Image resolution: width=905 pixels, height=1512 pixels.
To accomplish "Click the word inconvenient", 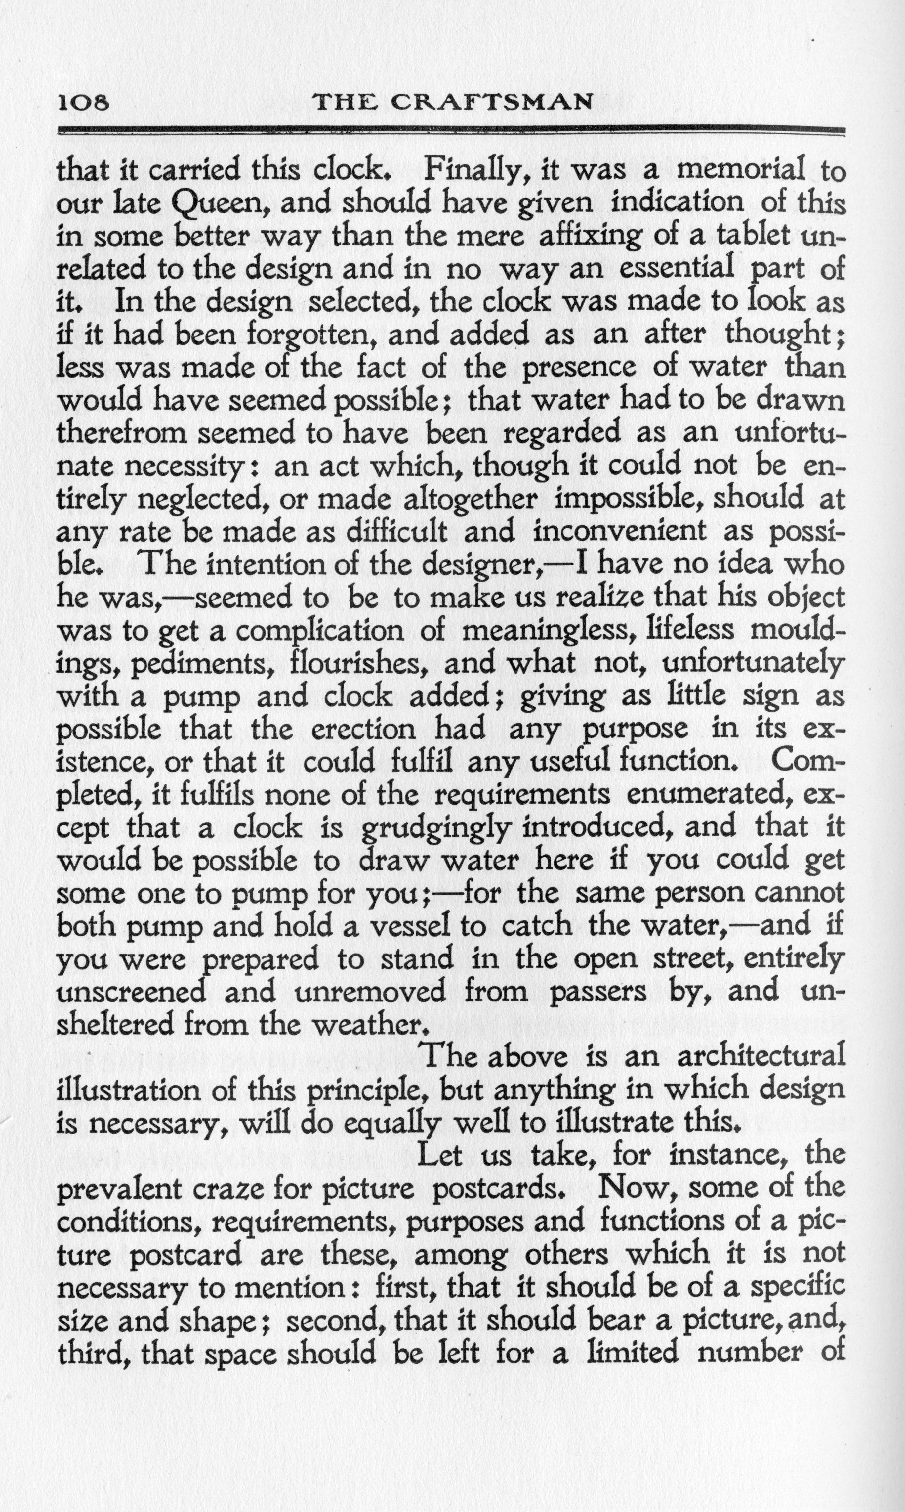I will [620, 532].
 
